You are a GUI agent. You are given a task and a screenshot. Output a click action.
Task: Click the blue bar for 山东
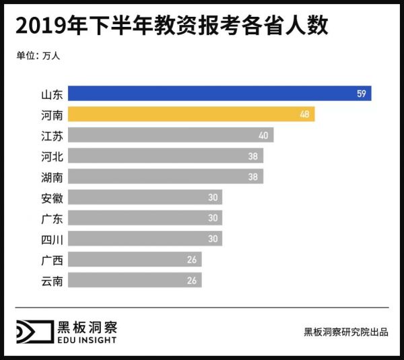[x=220, y=94]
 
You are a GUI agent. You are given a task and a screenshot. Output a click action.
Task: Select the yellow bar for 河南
[x=191, y=114]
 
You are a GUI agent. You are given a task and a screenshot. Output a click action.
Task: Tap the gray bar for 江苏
[x=170, y=135]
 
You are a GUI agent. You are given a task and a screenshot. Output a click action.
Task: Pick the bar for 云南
[x=135, y=280]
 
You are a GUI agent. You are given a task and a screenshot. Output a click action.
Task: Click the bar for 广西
[x=135, y=260]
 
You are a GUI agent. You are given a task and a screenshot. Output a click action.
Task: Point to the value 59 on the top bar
[x=362, y=94]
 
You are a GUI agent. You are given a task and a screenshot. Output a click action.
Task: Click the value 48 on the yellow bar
[x=305, y=114]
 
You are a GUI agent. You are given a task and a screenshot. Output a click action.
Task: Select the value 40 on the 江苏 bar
[x=263, y=135]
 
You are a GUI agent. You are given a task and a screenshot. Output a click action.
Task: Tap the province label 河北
[x=52, y=156]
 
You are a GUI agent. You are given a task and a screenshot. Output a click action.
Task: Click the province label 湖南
[x=52, y=177]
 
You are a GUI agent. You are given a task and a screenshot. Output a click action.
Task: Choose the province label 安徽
[x=52, y=198]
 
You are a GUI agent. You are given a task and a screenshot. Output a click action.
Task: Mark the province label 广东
[x=52, y=219]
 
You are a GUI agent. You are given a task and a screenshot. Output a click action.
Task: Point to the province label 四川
[x=52, y=239]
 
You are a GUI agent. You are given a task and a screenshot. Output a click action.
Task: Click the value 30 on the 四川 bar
[x=212, y=239]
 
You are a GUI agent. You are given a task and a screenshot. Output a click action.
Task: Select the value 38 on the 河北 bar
[x=253, y=156]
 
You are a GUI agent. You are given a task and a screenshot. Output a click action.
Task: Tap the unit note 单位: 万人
[x=38, y=56]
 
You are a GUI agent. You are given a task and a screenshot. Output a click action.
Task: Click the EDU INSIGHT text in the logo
[x=87, y=340]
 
